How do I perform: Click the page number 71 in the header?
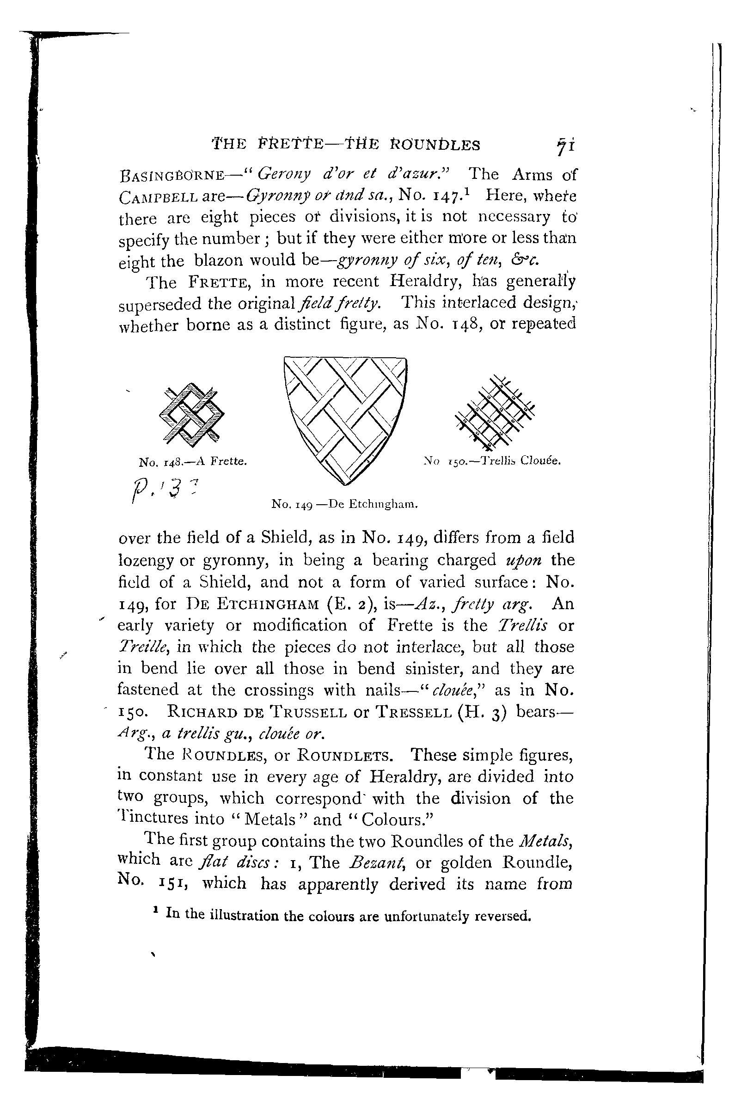coord(565,146)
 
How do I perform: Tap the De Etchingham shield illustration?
coord(345,419)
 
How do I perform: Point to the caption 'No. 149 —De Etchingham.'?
coord(345,505)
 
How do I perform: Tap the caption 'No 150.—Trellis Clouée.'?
coord(492,460)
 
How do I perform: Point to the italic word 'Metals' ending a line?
coord(546,841)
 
